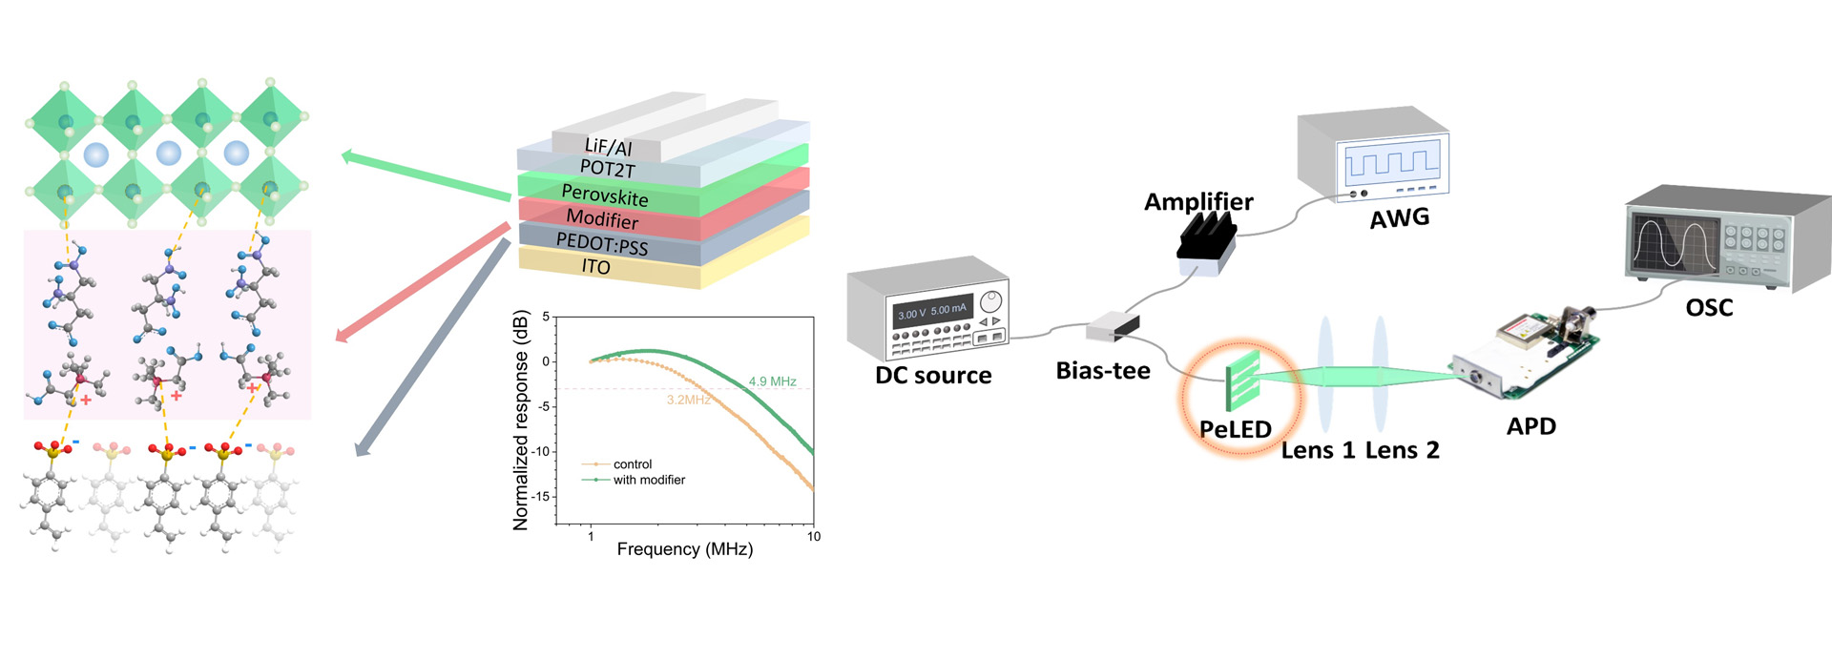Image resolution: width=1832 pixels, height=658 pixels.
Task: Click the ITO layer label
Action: click(x=596, y=267)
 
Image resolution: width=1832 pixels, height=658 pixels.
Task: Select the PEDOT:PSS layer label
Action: click(x=602, y=244)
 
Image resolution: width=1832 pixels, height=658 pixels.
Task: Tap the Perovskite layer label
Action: click(x=605, y=195)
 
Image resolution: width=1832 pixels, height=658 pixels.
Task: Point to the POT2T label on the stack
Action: click(x=607, y=169)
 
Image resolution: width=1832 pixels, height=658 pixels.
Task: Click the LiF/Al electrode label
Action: click(x=608, y=147)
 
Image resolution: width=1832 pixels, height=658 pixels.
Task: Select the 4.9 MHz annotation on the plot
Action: click(x=772, y=381)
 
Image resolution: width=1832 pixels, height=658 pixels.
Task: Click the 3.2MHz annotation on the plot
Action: click(x=688, y=400)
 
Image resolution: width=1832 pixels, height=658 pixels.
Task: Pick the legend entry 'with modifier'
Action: click(x=649, y=480)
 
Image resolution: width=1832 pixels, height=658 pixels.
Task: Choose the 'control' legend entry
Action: click(x=633, y=464)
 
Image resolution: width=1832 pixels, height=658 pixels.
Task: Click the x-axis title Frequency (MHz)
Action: click(x=684, y=549)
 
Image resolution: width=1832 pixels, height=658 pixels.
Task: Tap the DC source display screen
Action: click(x=932, y=312)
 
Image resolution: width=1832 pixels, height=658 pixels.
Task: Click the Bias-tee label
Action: click(x=1103, y=371)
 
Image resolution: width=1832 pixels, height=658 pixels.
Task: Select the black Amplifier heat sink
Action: click(x=1207, y=238)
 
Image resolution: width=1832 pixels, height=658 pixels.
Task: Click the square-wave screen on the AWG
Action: click(x=1392, y=161)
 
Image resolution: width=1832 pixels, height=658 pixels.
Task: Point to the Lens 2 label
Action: click(x=1402, y=450)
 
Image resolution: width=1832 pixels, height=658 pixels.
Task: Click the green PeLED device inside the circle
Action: click(x=1243, y=380)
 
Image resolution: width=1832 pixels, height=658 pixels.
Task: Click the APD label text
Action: click(x=1530, y=426)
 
